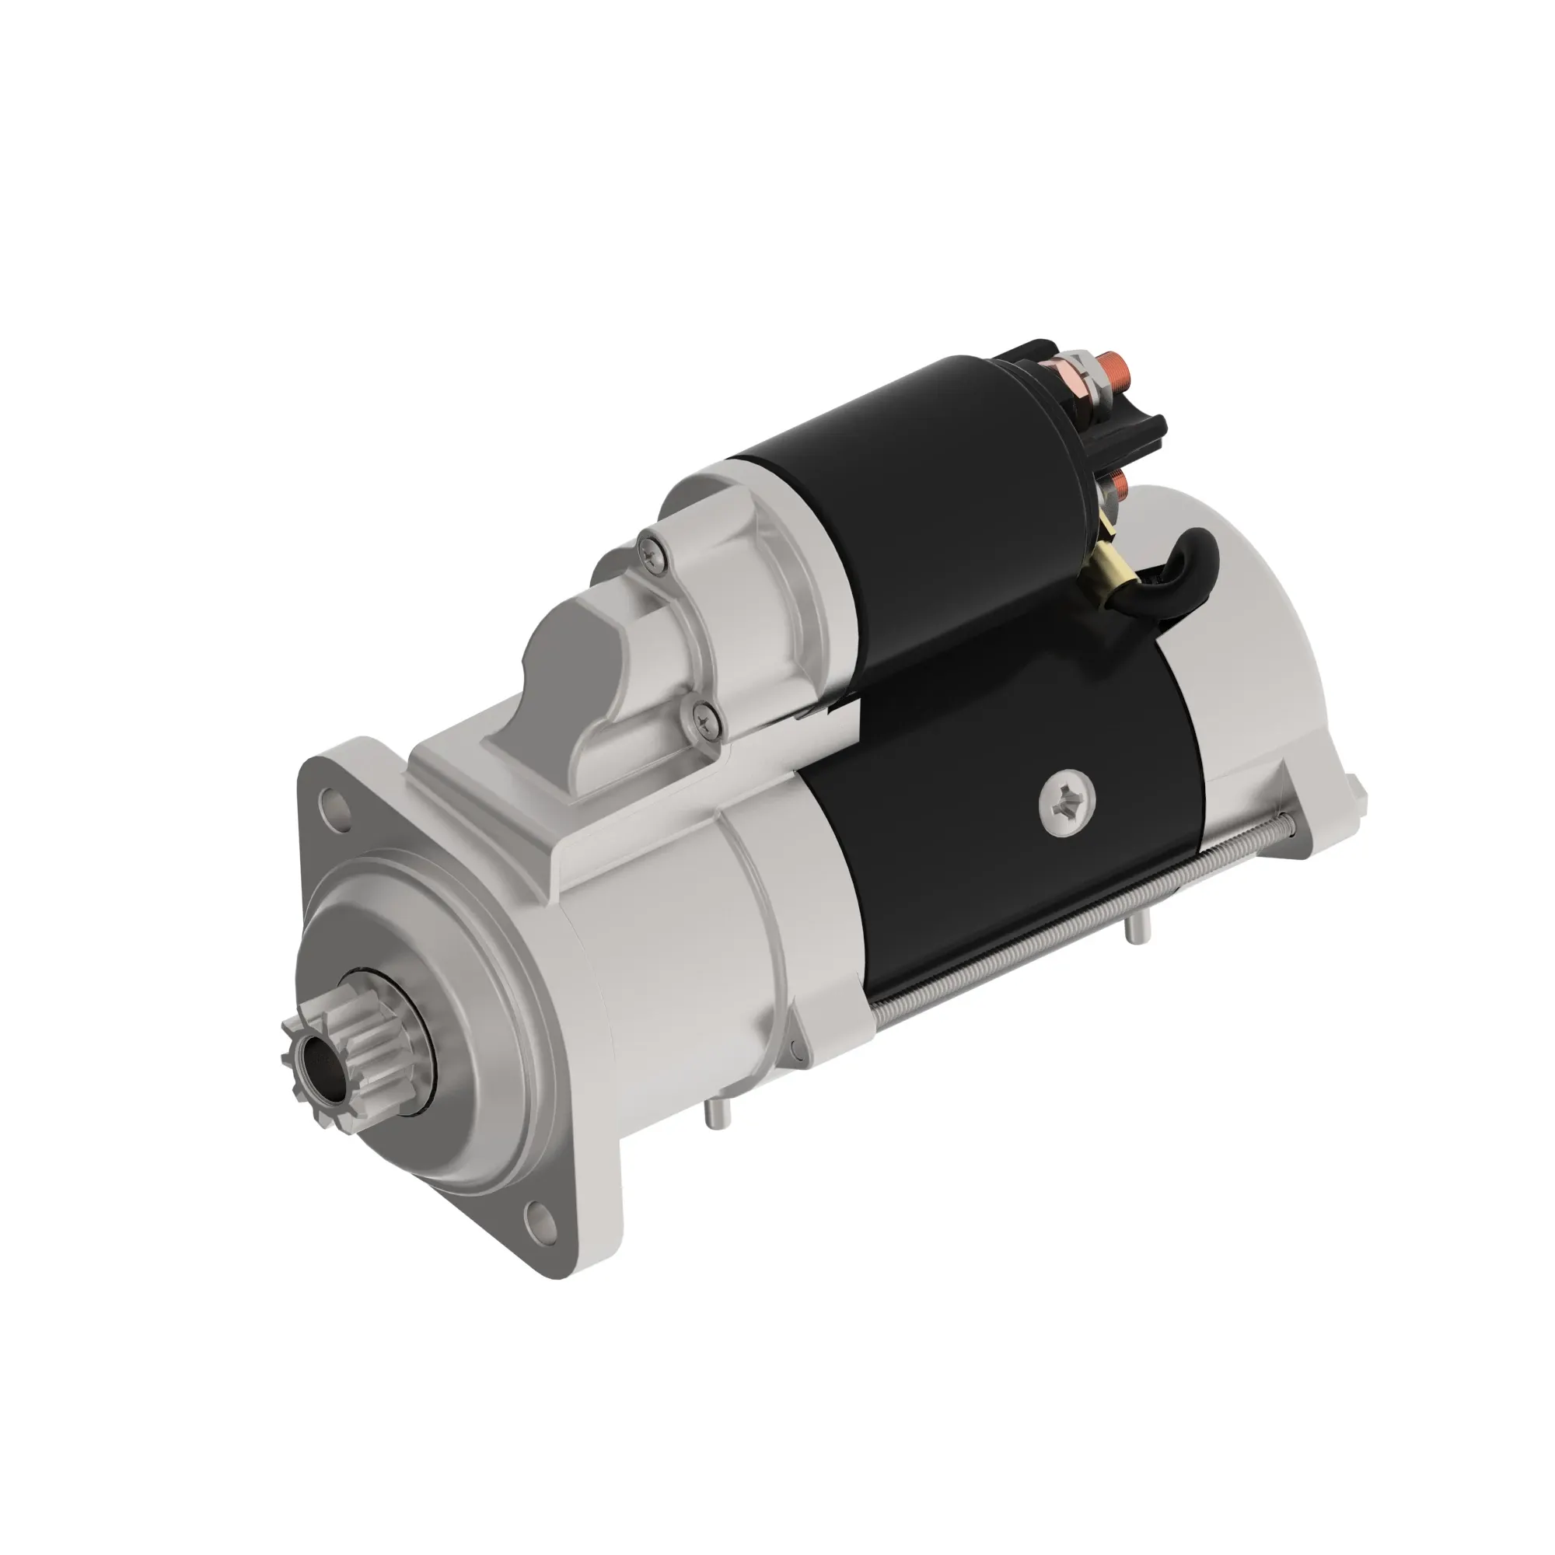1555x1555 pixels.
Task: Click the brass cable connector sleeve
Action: pyautogui.click(x=1115, y=568)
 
